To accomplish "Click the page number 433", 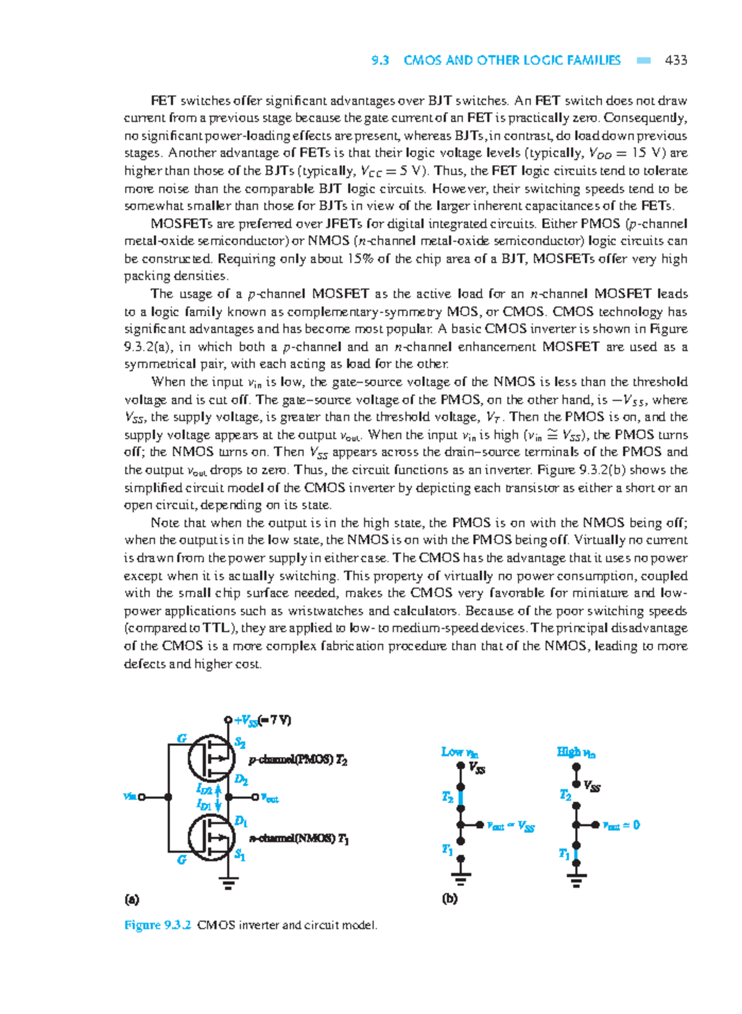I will click(676, 60).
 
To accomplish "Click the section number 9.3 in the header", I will click(380, 60).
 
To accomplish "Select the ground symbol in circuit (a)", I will click(228, 882).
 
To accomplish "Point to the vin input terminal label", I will click(130, 797).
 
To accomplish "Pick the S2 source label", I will click(240, 743).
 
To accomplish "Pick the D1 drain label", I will click(241, 821).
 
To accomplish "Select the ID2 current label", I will click(203, 789).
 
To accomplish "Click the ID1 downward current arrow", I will click(217, 805).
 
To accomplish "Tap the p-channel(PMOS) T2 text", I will click(297, 760).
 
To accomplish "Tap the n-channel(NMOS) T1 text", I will click(299, 839).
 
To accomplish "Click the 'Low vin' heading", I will click(459, 752).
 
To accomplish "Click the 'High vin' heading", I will click(576, 752).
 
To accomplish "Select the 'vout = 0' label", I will click(621, 825).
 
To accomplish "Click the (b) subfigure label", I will click(449, 898).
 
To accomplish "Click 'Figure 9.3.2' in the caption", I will click(157, 925).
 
